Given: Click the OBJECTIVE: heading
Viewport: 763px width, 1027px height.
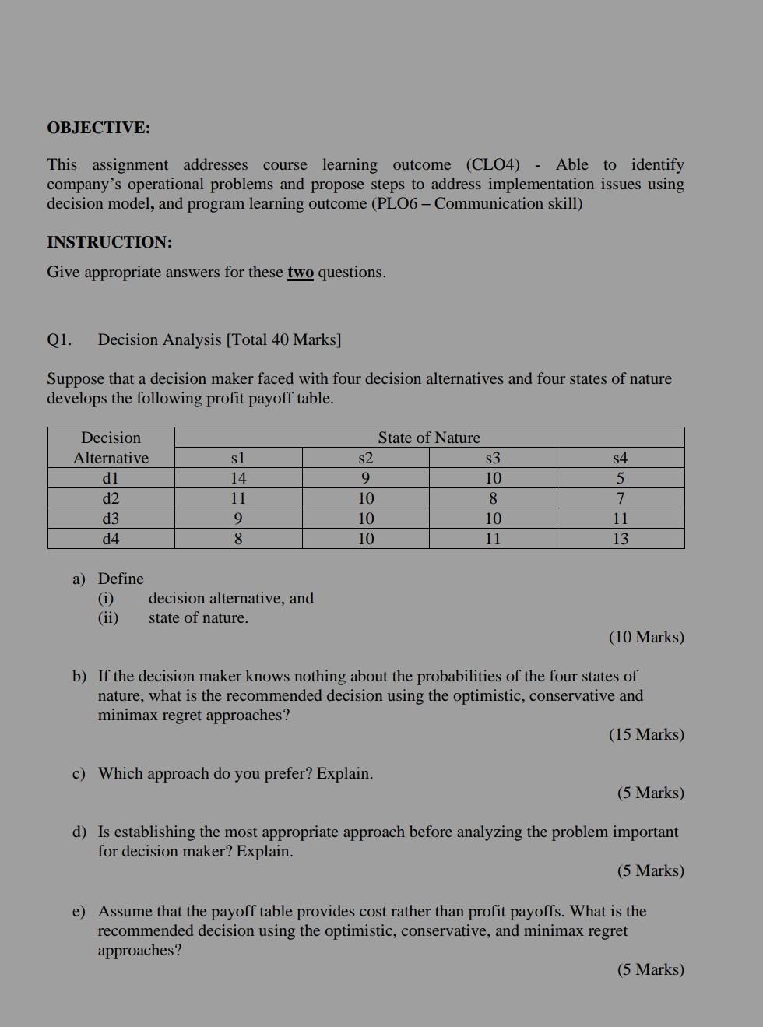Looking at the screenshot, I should click(x=98, y=128).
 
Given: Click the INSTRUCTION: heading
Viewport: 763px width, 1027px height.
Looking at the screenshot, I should click(x=109, y=242).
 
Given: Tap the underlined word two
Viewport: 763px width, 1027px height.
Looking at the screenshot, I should click(x=301, y=273).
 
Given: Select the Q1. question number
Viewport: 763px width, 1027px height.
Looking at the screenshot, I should click(x=59, y=340).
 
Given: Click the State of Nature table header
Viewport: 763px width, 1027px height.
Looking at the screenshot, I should click(x=429, y=438).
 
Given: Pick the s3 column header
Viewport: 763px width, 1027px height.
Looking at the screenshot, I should click(x=493, y=458).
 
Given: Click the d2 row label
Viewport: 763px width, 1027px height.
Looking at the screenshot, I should click(x=111, y=498).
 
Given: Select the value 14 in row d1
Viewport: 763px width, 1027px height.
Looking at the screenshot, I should click(x=238, y=478).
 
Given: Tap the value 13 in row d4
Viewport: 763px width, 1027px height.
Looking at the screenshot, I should click(x=620, y=539).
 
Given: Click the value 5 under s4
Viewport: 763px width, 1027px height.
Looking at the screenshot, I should click(x=620, y=478).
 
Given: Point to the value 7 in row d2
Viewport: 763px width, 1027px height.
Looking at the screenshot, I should click(x=620, y=498).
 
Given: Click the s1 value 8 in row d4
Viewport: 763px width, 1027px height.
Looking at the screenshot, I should click(x=238, y=539).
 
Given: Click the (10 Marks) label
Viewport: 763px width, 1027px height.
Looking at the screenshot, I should click(x=646, y=638).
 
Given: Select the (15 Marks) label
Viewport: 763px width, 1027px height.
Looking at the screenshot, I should click(x=646, y=735).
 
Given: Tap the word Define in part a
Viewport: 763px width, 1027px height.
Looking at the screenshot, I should click(x=121, y=579).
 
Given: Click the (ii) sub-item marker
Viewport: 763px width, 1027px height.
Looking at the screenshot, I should click(x=107, y=618).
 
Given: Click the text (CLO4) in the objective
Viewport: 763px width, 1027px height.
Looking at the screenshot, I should click(x=493, y=165).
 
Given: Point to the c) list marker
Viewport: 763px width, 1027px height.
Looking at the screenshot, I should click(x=79, y=774).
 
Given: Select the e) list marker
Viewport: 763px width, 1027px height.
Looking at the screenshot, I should click(x=79, y=912).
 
